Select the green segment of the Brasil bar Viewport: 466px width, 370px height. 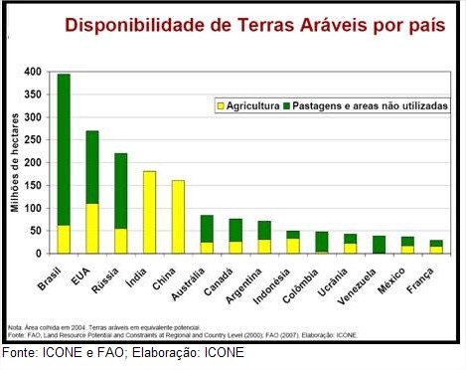pyautogui.click(x=64, y=149)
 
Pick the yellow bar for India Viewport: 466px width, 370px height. pyautogui.click(x=149, y=213)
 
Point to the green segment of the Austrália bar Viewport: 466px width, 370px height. pyautogui.click(x=207, y=229)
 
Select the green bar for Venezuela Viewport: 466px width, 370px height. pyautogui.click(x=379, y=245)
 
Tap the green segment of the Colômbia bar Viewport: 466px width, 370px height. pyautogui.click(x=321, y=242)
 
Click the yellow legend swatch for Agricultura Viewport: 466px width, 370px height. pyautogui.click(x=220, y=104)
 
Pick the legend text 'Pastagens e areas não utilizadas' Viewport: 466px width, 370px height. pyautogui.click(x=368, y=104)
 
